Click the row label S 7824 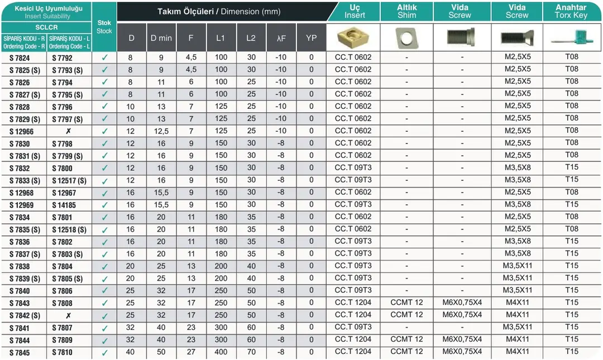tap(20, 58)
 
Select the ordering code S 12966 tap(21, 132)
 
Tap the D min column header tap(161, 38)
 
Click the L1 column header tap(221, 38)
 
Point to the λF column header tap(281, 38)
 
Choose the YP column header tap(312, 38)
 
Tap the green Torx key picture tap(571, 37)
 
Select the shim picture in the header tap(406, 37)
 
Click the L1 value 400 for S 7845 tap(221, 352)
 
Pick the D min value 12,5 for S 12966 tap(161, 131)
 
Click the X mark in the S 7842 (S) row tap(69, 316)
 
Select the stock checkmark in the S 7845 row tap(104, 353)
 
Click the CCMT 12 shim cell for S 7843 tap(406, 303)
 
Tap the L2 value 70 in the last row tap(251, 352)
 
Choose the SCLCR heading tap(46, 27)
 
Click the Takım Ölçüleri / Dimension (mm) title tap(219, 12)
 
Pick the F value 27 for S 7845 tap(191, 352)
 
